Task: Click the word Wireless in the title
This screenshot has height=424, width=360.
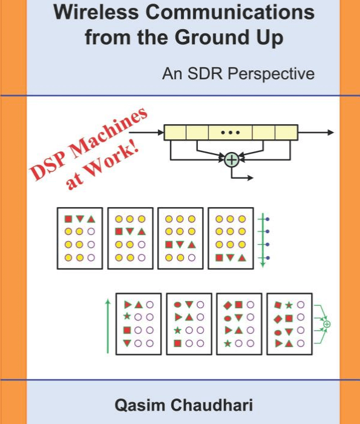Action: [97, 12]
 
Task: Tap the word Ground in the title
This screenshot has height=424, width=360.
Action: [212, 37]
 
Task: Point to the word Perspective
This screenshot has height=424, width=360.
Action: [271, 74]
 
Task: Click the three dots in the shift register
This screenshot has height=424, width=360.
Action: [231, 133]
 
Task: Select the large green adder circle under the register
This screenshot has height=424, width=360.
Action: [232, 160]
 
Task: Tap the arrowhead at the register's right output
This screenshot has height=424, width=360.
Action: [330, 133]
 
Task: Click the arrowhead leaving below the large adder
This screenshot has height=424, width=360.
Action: [250, 177]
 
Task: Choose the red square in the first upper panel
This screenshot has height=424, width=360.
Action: [68, 219]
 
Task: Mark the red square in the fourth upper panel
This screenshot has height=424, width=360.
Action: [219, 257]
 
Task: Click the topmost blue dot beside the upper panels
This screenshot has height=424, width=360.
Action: [267, 219]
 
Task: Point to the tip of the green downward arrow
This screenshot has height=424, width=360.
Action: [263, 268]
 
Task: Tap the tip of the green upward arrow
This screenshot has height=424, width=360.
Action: [108, 299]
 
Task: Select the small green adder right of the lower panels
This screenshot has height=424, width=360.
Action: [327, 324]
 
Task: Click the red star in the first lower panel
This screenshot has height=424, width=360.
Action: [126, 316]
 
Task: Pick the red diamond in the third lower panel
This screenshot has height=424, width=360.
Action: [227, 305]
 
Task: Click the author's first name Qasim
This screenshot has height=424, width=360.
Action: [140, 405]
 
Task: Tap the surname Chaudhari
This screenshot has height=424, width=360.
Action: [212, 405]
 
